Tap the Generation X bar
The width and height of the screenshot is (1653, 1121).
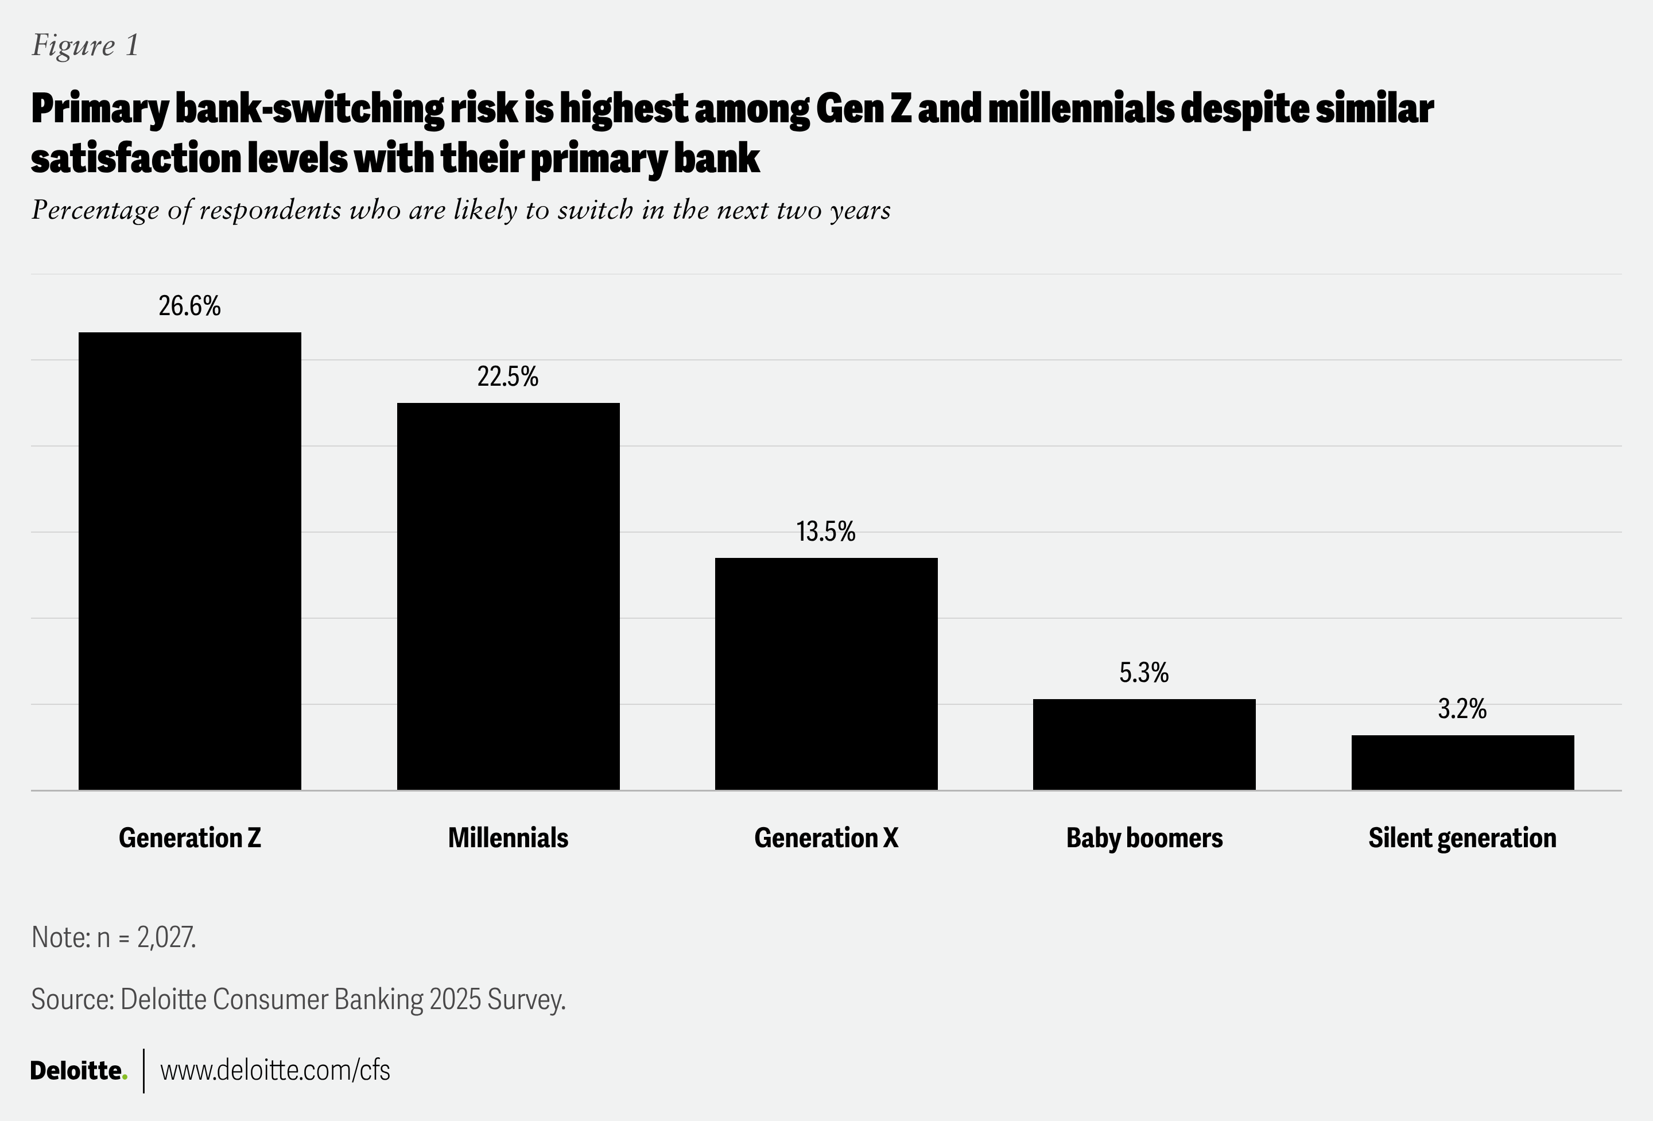[826, 674]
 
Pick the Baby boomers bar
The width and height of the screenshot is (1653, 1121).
[1144, 744]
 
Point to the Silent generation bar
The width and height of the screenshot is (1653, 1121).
[1462, 762]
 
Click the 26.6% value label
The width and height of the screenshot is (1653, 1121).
[189, 307]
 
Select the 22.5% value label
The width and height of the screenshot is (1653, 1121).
[508, 377]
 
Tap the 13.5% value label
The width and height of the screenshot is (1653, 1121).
[826, 532]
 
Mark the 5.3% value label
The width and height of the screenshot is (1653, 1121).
[1144, 673]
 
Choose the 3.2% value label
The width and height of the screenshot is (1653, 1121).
[1462, 709]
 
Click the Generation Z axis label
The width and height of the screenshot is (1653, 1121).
[189, 838]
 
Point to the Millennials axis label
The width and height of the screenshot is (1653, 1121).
[508, 838]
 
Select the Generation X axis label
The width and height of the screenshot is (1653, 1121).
[826, 838]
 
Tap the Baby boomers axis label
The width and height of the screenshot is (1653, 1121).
[1144, 838]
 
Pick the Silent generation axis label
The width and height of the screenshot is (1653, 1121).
[1462, 838]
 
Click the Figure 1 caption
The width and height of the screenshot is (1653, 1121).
[86, 45]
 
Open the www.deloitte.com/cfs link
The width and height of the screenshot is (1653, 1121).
[275, 1070]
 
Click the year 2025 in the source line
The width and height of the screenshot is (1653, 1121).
[455, 999]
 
